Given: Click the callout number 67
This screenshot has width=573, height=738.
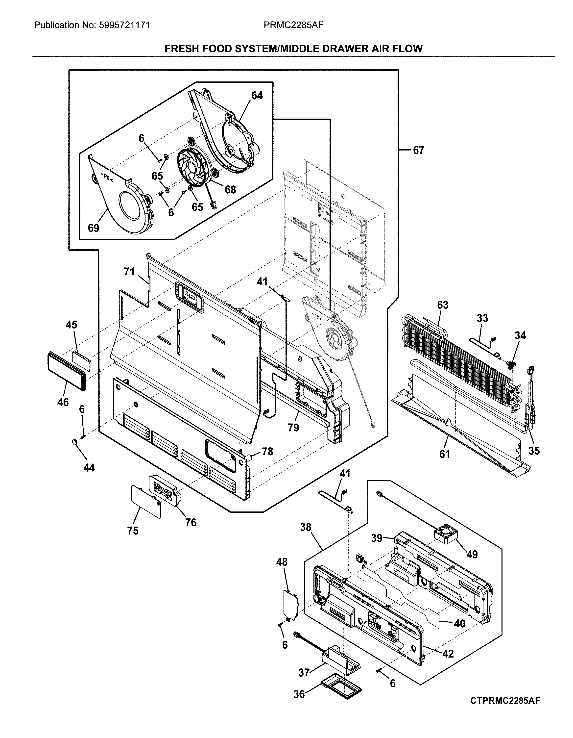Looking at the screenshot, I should pos(418,150).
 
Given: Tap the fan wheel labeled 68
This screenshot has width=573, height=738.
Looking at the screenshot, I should pos(192,167).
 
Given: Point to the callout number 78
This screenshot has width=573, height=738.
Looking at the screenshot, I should pos(267,452).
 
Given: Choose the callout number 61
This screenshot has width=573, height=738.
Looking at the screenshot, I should pos(444,454).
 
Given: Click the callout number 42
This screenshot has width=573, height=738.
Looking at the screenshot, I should pos(448,654).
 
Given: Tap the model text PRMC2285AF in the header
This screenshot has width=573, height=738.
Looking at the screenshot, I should pos(293,25).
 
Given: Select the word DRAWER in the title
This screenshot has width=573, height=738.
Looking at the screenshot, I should pos(343,49).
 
